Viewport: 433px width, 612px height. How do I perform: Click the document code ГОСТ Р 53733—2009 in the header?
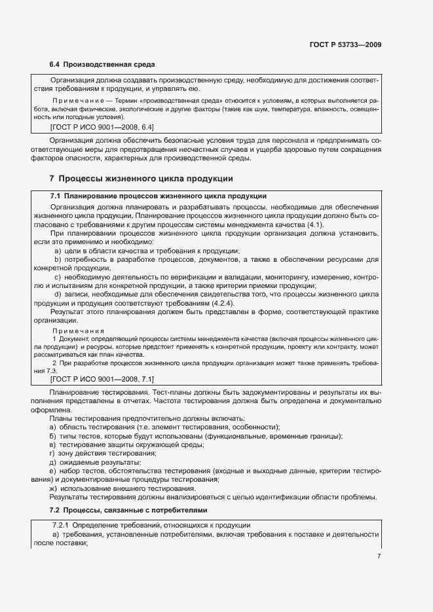point(345,45)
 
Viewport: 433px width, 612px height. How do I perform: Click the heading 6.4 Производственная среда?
point(102,65)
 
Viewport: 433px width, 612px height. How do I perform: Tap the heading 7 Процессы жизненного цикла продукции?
point(141,178)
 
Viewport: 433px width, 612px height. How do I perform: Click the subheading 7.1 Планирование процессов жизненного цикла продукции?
point(158,196)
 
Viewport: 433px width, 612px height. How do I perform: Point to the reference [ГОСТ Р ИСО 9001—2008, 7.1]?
point(102,379)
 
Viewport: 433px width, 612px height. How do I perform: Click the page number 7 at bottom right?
point(379,556)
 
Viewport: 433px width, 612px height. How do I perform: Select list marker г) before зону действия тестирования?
point(52,454)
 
